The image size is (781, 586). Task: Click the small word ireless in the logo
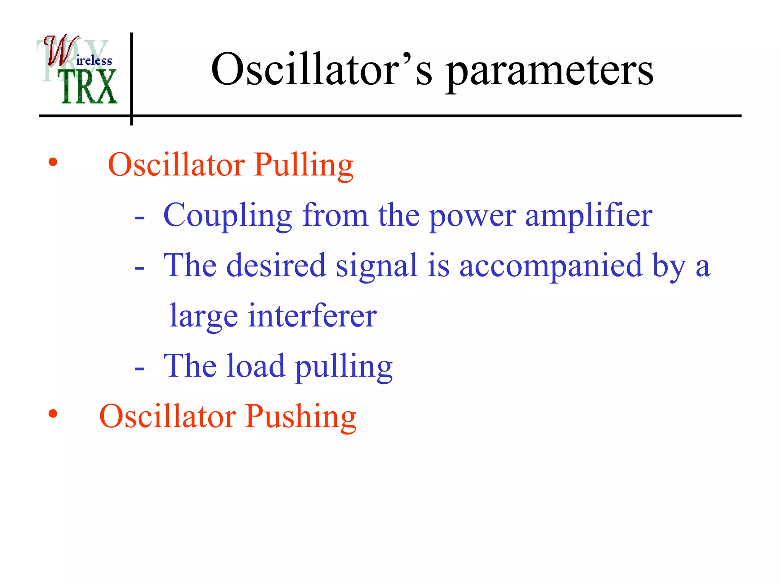click(x=94, y=61)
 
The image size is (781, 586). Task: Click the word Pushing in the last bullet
click(x=301, y=417)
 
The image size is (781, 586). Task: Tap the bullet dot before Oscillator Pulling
click(x=53, y=163)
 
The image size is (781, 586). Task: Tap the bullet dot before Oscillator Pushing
click(x=53, y=414)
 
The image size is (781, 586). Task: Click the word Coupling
click(x=228, y=216)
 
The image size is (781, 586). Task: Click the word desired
click(x=276, y=266)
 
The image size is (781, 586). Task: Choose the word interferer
click(x=312, y=316)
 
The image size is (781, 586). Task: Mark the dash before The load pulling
click(x=140, y=369)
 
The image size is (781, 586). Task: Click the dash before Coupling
click(x=140, y=219)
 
